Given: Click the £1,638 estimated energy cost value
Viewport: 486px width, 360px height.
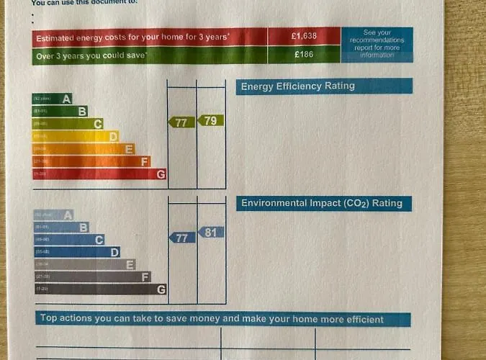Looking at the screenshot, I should pos(303,37).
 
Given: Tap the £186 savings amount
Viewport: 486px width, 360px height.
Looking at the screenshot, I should pos(303,55).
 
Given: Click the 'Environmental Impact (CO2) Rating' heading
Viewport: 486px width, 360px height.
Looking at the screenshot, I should pos(324,204).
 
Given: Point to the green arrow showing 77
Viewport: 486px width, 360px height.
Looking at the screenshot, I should pos(181,122).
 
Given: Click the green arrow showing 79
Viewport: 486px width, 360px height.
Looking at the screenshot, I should pos(210,120).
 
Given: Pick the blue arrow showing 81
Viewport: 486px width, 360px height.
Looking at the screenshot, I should pos(210,233).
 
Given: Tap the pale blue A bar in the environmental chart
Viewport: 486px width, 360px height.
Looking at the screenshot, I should pos(53,215).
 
